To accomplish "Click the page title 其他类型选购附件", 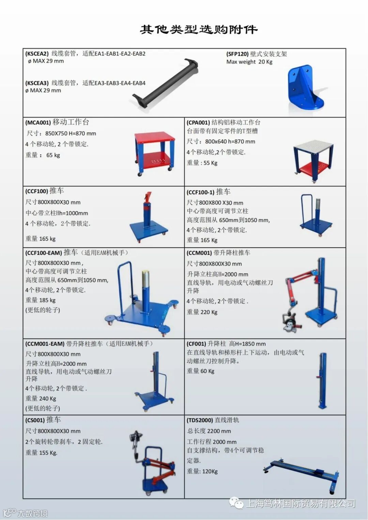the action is click(199, 30).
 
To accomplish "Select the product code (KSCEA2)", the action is click(37, 53).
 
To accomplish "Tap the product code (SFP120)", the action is click(237, 54).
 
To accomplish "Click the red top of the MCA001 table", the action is click(154, 137).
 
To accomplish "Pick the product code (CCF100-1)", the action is click(200, 192).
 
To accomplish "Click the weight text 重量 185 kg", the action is click(41, 300).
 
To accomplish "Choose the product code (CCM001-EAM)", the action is click(45, 344).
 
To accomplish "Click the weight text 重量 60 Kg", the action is click(200, 371).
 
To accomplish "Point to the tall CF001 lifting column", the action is click(322, 381).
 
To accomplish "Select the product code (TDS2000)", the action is click(200, 420).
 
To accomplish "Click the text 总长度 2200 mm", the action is click(209, 431).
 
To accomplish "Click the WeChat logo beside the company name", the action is click(236, 503).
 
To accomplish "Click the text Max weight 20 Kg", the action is click(249, 62).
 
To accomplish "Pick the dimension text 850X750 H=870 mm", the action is click(71, 133).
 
